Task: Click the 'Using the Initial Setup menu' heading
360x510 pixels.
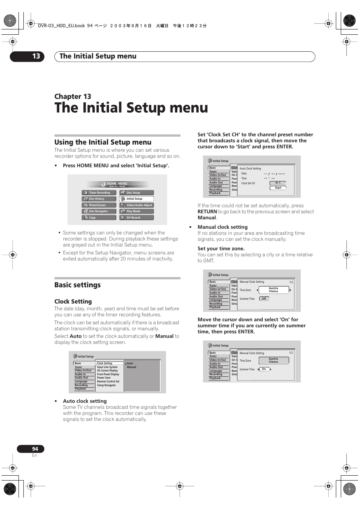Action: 103,142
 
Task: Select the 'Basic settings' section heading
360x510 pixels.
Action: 77,285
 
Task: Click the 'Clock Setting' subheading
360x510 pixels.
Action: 73,301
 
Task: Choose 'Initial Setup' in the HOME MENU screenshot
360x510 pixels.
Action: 136,199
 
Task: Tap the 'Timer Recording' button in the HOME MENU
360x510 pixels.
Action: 99,193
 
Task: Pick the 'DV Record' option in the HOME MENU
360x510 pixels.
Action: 136,217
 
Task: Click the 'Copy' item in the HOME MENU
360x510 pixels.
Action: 99,217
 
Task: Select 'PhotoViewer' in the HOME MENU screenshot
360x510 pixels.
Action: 99,205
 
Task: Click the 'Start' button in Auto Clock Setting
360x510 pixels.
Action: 278,188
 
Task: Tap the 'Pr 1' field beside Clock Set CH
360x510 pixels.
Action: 278,183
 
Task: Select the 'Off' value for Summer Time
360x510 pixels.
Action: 264,299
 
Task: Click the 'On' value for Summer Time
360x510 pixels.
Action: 264,369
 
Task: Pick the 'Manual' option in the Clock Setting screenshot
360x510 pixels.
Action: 131,367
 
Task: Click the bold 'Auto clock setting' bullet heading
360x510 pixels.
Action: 85,401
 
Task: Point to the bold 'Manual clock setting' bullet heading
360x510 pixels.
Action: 222,227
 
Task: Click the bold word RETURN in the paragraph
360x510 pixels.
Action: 207,212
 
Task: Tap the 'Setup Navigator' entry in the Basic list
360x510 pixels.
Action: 106,385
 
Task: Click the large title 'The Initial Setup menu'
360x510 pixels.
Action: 131,108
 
